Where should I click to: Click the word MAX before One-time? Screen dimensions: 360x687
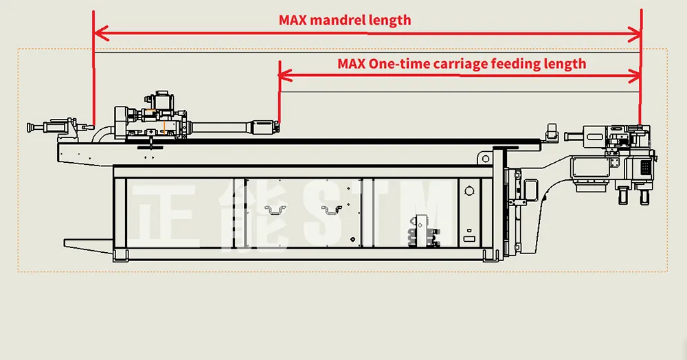click(352, 64)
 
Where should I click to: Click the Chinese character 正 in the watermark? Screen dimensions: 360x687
click(165, 213)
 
